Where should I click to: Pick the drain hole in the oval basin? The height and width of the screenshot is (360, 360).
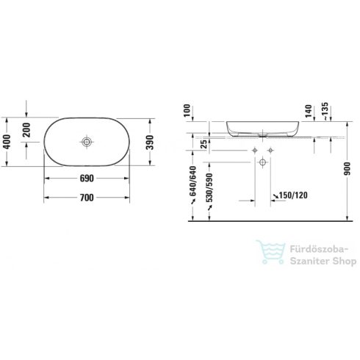(87, 140)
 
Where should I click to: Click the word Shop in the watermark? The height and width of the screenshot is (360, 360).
(336, 262)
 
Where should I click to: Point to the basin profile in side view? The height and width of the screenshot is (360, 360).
(264, 128)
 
